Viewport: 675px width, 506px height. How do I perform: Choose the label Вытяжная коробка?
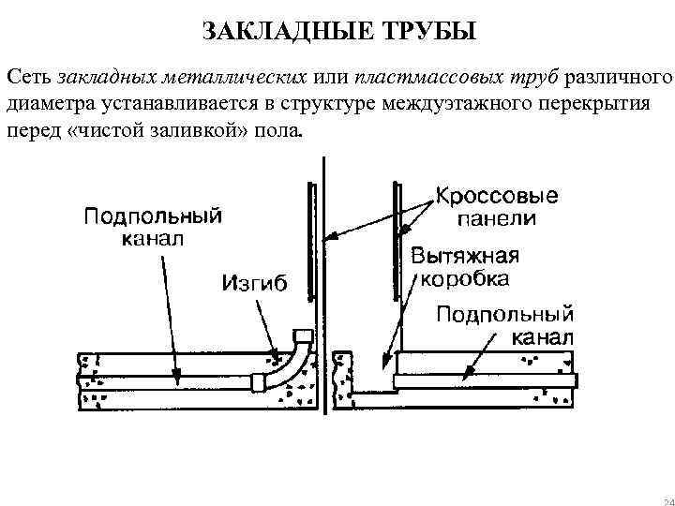tap(465, 267)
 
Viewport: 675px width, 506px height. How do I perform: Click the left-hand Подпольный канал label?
tap(154, 227)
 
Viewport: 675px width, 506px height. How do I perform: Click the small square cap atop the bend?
tap(302, 335)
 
